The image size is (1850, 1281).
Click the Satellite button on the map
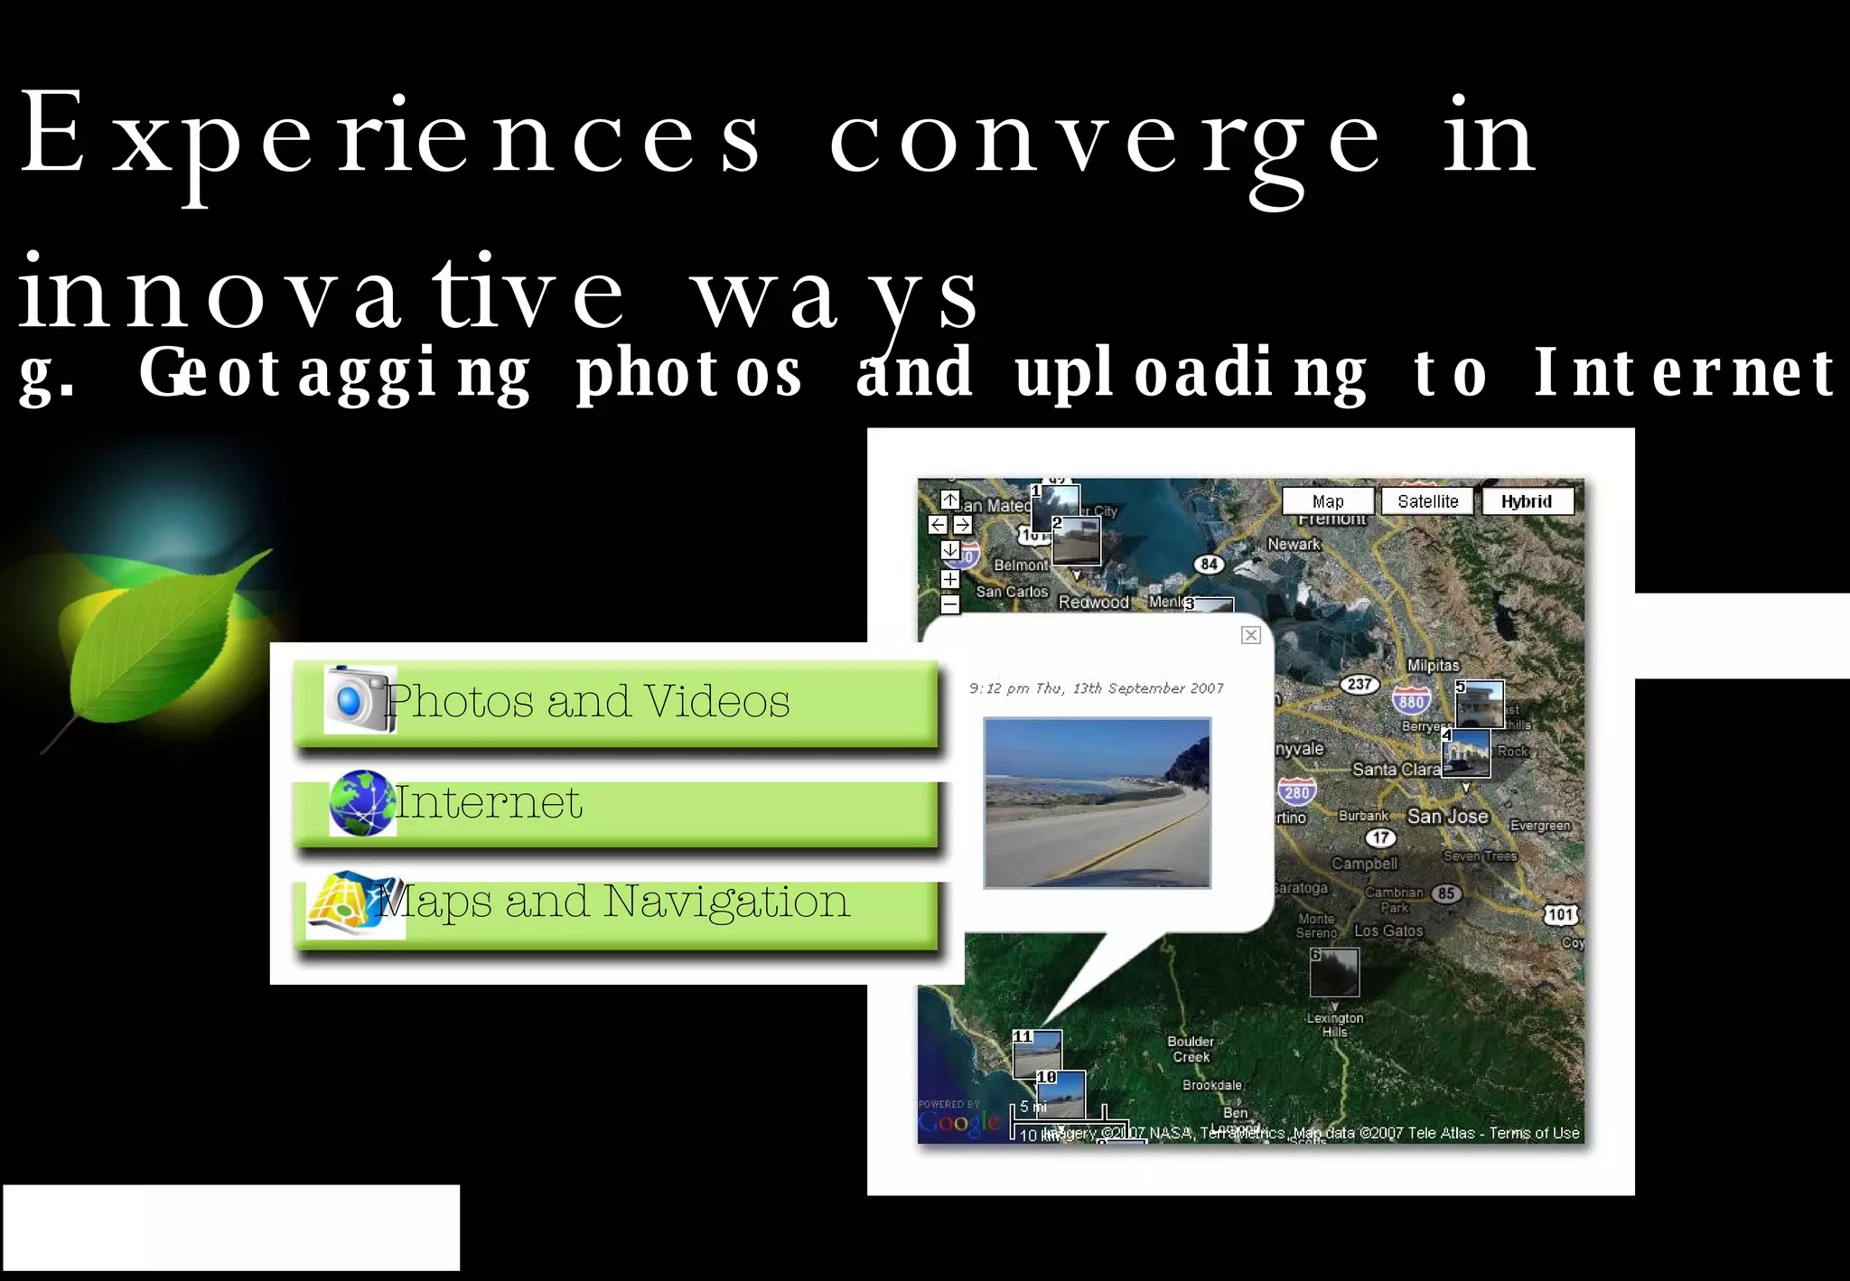point(1427,501)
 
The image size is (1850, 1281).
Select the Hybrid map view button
point(1526,501)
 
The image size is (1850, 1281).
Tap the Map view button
point(1328,501)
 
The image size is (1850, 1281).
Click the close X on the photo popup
point(1250,635)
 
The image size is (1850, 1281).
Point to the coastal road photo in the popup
point(1097,802)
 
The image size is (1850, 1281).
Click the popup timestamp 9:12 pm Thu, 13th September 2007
point(1096,688)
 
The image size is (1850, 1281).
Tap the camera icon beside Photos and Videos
point(360,699)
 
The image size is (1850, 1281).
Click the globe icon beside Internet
point(361,802)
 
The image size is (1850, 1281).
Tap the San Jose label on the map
point(1447,816)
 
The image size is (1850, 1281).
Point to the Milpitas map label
point(1433,665)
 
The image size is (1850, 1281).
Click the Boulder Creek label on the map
point(1191,1049)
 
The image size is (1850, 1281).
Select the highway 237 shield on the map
point(1359,684)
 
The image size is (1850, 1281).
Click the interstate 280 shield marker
point(1296,791)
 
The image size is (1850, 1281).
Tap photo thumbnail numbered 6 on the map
point(1334,972)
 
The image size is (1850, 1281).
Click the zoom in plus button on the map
point(949,579)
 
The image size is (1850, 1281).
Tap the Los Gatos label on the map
point(1388,930)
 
